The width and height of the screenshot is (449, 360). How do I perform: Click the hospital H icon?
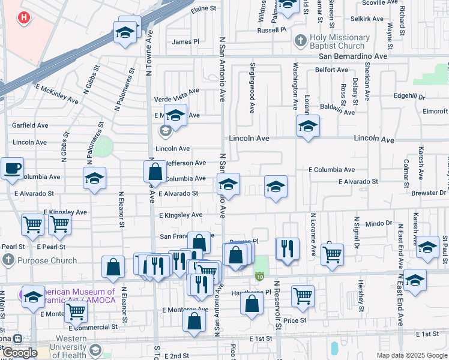click(24, 18)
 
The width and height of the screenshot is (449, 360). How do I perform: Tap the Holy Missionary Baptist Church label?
click(336, 41)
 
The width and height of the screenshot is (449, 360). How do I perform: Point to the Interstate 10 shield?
click(260, 277)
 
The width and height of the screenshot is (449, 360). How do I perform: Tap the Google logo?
click(19, 353)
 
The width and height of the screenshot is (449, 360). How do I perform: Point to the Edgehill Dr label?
click(409, 96)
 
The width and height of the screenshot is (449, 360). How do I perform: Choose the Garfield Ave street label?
click(30, 125)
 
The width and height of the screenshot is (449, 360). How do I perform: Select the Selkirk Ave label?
click(367, 19)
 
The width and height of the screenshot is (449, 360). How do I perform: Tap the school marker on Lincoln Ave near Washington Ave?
click(308, 126)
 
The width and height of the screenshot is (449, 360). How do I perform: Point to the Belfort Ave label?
click(332, 70)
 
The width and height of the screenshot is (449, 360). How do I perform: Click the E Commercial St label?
click(93, 328)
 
